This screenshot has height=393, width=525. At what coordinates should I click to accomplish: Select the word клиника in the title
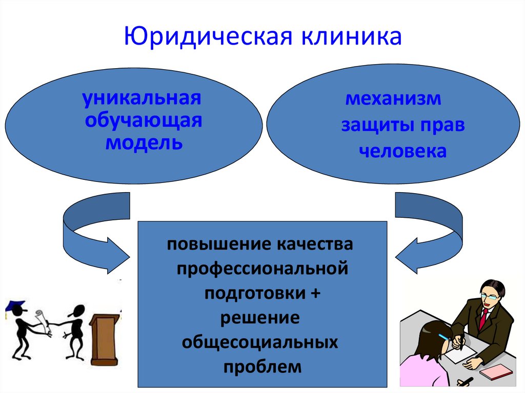pyautogui.click(x=352, y=37)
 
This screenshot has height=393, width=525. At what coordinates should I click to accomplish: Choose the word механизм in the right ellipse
pyautogui.click(x=393, y=98)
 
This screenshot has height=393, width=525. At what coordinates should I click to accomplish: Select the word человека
pyautogui.click(x=403, y=151)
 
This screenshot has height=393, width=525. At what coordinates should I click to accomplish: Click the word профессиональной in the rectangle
pyautogui.click(x=262, y=268)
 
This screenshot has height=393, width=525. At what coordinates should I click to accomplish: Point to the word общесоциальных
pyautogui.click(x=260, y=342)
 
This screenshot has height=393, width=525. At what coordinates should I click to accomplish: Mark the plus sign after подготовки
pyautogui.click(x=314, y=293)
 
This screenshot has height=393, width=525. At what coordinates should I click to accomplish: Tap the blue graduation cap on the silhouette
pyautogui.click(x=15, y=306)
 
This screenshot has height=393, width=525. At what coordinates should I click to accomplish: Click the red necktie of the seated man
pyautogui.click(x=483, y=318)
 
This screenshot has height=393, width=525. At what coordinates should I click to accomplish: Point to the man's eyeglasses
pyautogui.click(x=490, y=297)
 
